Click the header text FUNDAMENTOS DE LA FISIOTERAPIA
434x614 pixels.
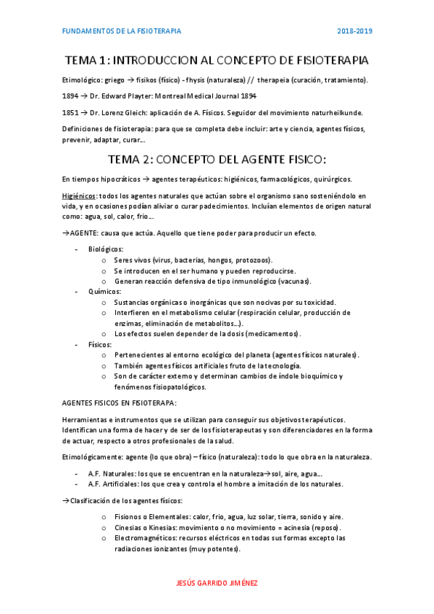pyautogui.click(x=122, y=31)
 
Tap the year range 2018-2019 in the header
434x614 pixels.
pyautogui.click(x=354, y=31)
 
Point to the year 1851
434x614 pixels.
pyautogui.click(x=71, y=112)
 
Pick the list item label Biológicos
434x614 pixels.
pyautogui.click(x=106, y=249)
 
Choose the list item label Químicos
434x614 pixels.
pyautogui.click(x=104, y=291)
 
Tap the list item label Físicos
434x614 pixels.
pyautogui.click(x=101, y=344)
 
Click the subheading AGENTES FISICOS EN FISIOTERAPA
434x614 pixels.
pyautogui.click(x=119, y=403)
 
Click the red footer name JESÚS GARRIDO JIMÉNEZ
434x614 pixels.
pyautogui.click(x=217, y=583)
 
